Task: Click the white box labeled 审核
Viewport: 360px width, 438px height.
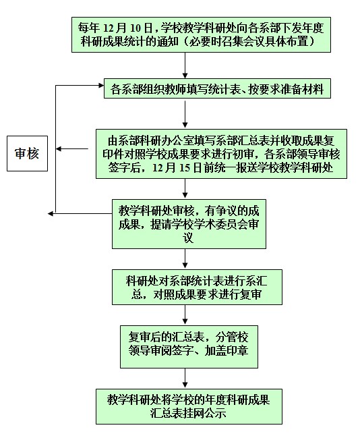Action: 28,154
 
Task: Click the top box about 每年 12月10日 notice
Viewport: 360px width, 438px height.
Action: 201,34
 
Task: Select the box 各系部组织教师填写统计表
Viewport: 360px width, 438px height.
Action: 217,88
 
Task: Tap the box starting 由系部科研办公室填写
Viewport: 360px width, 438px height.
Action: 221,154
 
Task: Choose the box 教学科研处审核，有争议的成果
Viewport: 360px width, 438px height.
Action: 189,224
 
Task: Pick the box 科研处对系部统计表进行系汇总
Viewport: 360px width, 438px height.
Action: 197,287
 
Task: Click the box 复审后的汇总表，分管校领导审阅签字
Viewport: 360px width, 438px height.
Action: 189,347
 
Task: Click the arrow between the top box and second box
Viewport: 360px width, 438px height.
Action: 185,65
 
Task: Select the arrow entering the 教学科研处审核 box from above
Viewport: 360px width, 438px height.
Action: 185,188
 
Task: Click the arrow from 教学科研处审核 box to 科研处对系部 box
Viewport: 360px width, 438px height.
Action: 185,259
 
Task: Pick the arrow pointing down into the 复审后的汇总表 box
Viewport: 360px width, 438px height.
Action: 185,315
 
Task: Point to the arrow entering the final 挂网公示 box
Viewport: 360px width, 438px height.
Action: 185,379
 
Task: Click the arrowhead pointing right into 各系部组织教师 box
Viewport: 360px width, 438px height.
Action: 101,86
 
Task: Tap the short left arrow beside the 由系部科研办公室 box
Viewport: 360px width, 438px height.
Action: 72,149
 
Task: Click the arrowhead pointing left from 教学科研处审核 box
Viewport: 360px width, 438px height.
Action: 51,214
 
